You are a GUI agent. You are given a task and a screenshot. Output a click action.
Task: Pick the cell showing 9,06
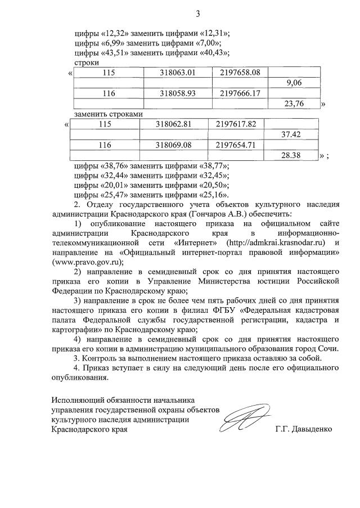coord(294,83)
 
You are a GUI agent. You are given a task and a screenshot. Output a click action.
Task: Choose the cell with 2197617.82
coord(236,124)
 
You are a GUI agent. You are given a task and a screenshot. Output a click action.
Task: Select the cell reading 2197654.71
coord(236,145)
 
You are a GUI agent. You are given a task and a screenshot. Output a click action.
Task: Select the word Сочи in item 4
coord(327,349)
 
